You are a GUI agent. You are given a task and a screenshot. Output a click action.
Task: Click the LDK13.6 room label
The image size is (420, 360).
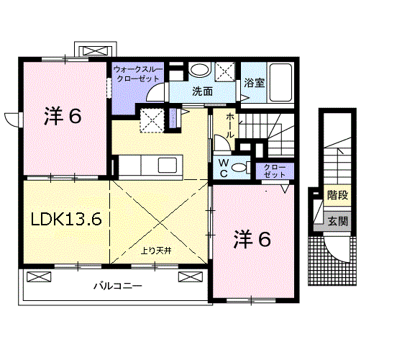pyautogui.click(x=65, y=220)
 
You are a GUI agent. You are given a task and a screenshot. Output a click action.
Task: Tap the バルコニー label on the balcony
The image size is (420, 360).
pyautogui.click(x=117, y=286)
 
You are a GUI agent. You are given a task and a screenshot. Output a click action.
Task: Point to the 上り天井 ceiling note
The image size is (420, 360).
pyautogui.click(x=155, y=252)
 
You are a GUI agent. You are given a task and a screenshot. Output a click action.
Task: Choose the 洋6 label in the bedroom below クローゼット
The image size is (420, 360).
pyautogui.click(x=252, y=240)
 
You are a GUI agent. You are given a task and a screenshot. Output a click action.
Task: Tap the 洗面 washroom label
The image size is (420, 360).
pyautogui.click(x=202, y=91)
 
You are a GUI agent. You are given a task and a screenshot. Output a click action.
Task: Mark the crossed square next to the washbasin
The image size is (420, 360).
pyautogui.click(x=226, y=71)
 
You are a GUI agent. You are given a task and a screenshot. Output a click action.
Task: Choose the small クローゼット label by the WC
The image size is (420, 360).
pyautogui.click(x=274, y=171)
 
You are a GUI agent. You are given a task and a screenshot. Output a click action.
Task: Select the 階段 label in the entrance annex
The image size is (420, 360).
pyautogui.click(x=336, y=195)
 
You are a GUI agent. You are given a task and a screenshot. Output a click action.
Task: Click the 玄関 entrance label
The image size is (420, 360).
pyautogui.click(x=336, y=221)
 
